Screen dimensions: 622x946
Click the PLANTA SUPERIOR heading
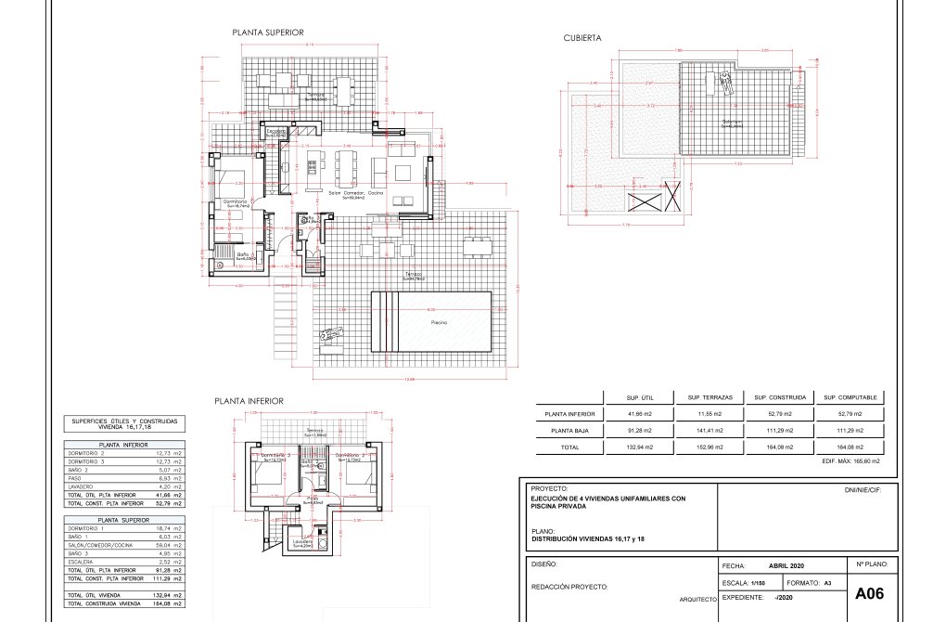pos(268,32)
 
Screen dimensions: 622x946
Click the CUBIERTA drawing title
pos(582,38)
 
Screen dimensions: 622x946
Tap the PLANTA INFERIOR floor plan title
pos(249,402)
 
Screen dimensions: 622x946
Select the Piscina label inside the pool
pos(440,322)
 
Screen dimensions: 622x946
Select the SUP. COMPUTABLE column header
pos(843,396)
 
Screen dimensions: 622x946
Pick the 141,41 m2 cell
pos(704,430)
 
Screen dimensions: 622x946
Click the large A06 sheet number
pos(872,593)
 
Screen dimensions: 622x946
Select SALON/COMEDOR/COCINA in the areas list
pos(97,546)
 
